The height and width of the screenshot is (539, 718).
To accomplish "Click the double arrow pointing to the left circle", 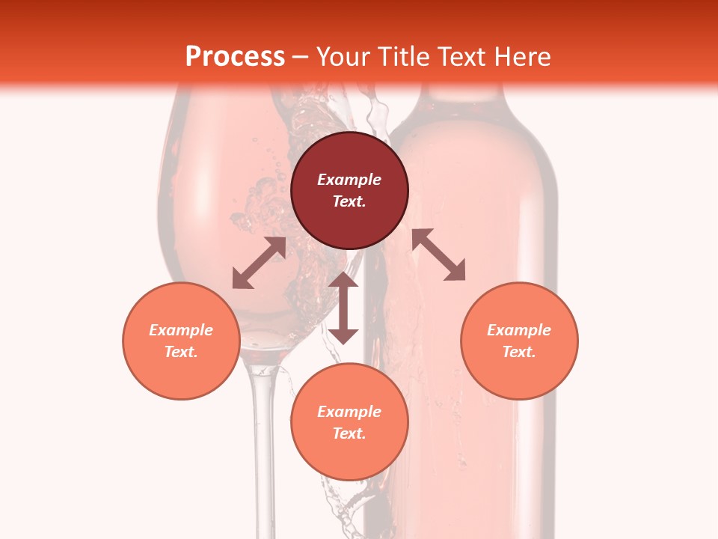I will point(259,263).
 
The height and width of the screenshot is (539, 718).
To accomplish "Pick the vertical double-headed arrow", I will point(343,308).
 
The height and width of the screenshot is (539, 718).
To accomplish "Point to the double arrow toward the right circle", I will point(438,255).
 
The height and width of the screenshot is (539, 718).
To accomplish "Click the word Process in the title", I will point(235,56).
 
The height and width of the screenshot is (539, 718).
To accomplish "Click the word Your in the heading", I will point(343,56).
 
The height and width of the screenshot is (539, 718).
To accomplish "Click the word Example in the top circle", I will point(349,180).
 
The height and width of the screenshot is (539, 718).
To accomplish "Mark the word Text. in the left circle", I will point(181,352).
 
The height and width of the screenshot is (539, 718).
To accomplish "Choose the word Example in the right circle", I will point(519,330).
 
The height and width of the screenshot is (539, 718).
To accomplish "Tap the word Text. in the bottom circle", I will point(349,433).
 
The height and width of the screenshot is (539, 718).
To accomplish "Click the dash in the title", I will point(301,57).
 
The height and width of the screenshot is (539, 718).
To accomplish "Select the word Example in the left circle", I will point(181,330).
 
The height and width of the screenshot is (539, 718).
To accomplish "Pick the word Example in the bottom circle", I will point(349,412).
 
